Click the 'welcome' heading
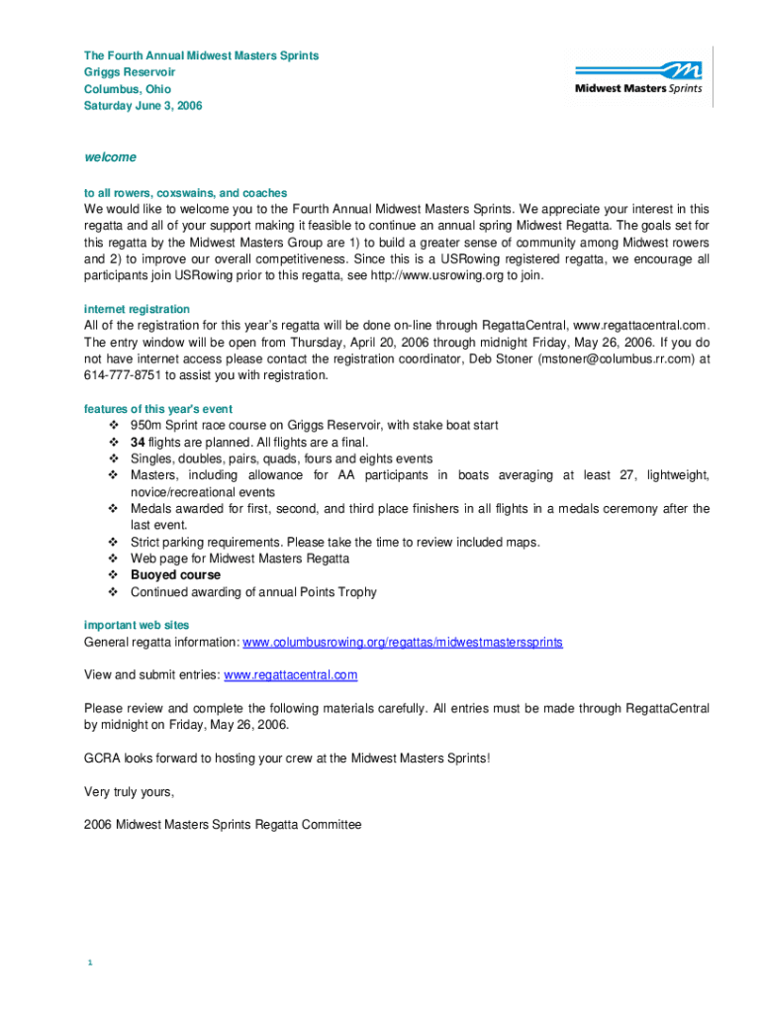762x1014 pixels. click(x=110, y=157)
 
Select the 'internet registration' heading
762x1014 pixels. click(x=137, y=309)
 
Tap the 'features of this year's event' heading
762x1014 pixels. click(x=158, y=409)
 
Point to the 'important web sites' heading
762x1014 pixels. click(x=137, y=625)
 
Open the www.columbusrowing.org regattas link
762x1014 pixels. click(x=403, y=642)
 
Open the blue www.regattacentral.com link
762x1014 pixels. click(x=291, y=675)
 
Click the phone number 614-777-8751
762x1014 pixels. click(x=123, y=375)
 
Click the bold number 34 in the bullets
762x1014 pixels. click(x=139, y=443)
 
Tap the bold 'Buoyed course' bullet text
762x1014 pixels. click(x=175, y=575)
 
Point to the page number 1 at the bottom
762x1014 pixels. click(x=89, y=963)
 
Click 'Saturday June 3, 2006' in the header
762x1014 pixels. click(x=143, y=106)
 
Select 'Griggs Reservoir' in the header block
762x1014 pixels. click(x=130, y=72)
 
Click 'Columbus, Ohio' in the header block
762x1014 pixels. click(x=128, y=89)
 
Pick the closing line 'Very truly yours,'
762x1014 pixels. click(x=130, y=791)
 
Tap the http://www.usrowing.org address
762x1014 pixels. click(x=436, y=275)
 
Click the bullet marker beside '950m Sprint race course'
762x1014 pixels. click(x=113, y=426)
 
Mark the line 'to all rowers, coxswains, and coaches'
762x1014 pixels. click(x=186, y=193)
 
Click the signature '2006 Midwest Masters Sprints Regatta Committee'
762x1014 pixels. click(x=223, y=824)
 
